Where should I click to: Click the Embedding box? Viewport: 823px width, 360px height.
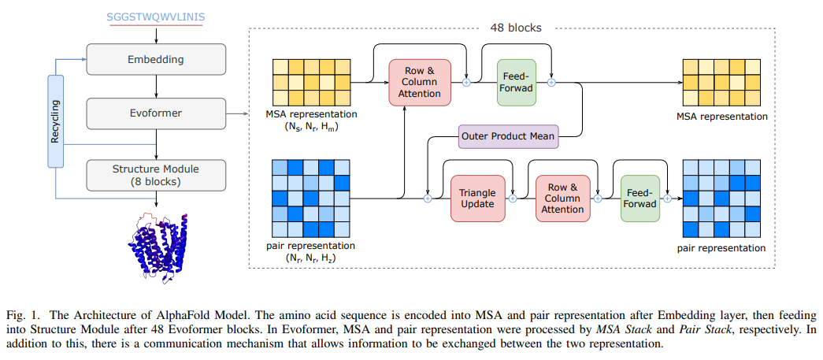[x=156, y=59]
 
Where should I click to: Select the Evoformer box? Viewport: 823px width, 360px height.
[x=156, y=113]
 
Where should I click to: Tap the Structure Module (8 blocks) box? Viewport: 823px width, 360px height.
[x=156, y=174]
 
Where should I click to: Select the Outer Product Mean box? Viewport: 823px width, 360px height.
[x=508, y=136]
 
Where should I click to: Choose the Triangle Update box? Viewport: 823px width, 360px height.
[x=478, y=199]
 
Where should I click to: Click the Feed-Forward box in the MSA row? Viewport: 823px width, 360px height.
[x=517, y=82]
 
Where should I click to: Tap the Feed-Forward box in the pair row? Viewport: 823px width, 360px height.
[x=639, y=198]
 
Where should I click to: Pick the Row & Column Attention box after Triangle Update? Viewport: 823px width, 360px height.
[x=562, y=199]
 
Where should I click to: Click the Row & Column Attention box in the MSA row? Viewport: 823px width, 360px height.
[x=420, y=82]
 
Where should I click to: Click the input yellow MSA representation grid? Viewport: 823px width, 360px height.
[x=308, y=83]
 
